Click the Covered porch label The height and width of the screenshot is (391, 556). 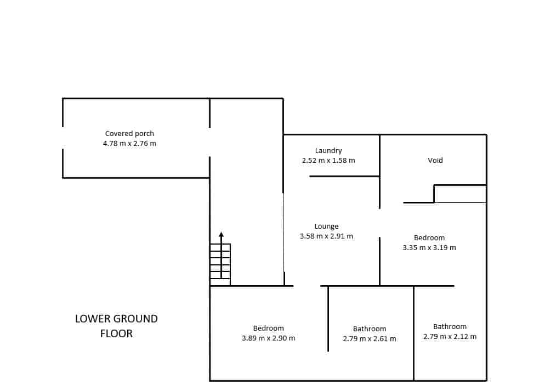tap(129, 133)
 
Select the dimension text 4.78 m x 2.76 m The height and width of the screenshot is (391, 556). tap(129, 144)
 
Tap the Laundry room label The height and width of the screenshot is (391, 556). tap(328, 151)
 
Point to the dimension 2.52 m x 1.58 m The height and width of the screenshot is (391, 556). tap(328, 161)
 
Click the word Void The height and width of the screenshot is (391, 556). tap(435, 161)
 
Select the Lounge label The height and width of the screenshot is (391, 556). tap(326, 226)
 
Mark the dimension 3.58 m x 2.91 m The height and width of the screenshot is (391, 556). tap(326, 236)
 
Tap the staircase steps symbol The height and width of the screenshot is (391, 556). tap(220, 264)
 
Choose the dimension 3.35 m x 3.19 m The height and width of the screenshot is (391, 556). tap(429, 247)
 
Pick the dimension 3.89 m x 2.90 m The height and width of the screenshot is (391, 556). tap(268, 338)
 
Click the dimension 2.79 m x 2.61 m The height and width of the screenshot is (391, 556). tap(369, 339)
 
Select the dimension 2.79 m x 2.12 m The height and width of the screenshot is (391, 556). tap(450, 336)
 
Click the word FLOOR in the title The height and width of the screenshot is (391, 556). tap(116, 333)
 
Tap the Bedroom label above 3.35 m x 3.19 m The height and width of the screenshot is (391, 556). tap(429, 237)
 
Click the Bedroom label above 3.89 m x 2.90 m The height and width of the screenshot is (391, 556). tap(268, 328)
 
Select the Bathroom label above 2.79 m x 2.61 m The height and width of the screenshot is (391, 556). tap(369, 329)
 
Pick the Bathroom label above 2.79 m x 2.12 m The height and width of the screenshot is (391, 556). tap(450, 326)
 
